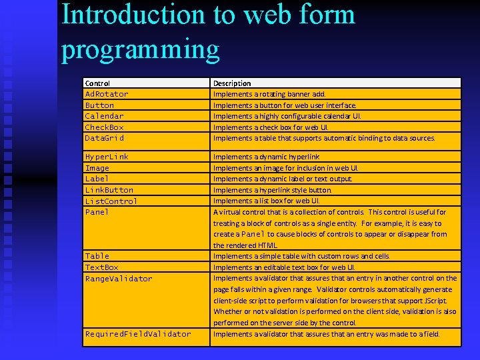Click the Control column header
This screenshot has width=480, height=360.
pyautogui.click(x=97, y=83)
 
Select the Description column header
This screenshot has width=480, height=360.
pyautogui.click(x=232, y=83)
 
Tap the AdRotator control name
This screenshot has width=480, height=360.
pyautogui.click(x=107, y=94)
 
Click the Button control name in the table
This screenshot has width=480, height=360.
pyautogui.click(x=99, y=105)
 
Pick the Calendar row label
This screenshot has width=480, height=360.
pyautogui.click(x=104, y=116)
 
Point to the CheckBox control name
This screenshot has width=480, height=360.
pyautogui.click(x=104, y=127)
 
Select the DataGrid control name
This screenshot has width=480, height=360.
pyautogui.click(x=105, y=138)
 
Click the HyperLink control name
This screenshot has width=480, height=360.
pyautogui.click(x=107, y=157)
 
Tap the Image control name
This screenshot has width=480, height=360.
pyautogui.click(x=97, y=168)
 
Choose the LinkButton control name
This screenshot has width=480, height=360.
pyautogui.click(x=109, y=190)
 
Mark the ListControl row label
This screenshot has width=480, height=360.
pyautogui.click(x=111, y=201)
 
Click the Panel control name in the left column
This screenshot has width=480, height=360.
pyautogui.click(x=97, y=212)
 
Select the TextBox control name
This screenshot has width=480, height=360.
pyautogui.click(x=101, y=267)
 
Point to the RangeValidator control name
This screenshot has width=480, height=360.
pyautogui.click(x=119, y=279)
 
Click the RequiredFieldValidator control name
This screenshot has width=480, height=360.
pyautogui.click(x=138, y=334)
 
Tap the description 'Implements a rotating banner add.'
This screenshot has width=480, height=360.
pyautogui.click(x=269, y=95)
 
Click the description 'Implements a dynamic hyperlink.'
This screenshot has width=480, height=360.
pyautogui.click(x=266, y=157)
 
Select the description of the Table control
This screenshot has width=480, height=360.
pyautogui.click(x=301, y=256)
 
